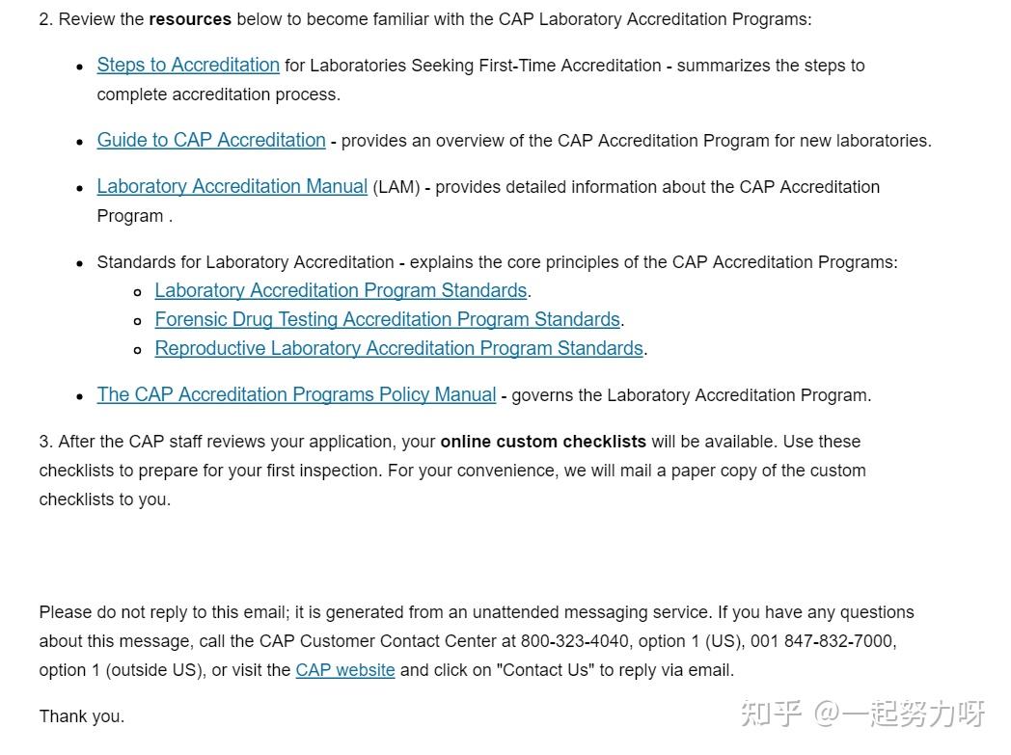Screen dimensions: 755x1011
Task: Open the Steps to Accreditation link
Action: (188, 66)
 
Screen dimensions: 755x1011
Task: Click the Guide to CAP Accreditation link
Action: (211, 141)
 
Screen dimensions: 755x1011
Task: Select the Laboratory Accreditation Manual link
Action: (232, 187)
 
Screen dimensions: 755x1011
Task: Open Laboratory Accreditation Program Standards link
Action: (341, 291)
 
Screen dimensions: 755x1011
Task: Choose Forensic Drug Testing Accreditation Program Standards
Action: (387, 320)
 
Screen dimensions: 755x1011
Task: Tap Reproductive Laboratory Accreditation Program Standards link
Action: (398, 349)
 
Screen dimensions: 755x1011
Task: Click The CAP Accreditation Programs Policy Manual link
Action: (296, 395)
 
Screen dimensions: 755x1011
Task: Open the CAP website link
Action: (344, 670)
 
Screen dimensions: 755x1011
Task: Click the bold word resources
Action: (190, 19)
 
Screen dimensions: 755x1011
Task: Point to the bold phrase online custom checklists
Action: (543, 442)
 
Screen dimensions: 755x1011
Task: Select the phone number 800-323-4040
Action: (575, 641)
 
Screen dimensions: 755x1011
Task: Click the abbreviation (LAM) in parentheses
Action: (396, 187)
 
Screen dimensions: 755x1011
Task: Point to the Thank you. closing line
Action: (82, 716)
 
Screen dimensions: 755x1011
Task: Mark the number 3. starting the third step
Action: (45, 442)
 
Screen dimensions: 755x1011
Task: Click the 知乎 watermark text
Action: (771, 715)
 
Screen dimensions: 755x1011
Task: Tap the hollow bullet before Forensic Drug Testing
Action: (138, 321)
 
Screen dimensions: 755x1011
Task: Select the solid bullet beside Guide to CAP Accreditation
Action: (80, 142)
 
